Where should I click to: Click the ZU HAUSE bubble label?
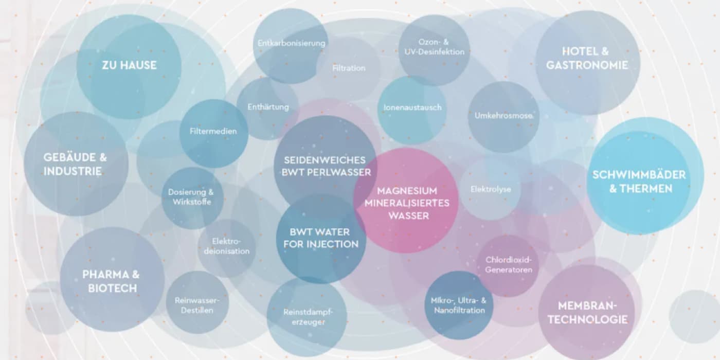pyautogui.click(x=129, y=65)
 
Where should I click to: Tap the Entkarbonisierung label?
pyautogui.click(x=291, y=43)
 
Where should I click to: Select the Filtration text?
pyautogui.click(x=349, y=68)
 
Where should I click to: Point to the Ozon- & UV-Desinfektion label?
pyautogui.click(x=434, y=47)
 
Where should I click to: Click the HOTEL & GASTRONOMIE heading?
pyautogui.click(x=587, y=58)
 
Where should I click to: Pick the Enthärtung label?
pyautogui.click(x=268, y=107)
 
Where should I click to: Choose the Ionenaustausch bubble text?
pyautogui.click(x=412, y=107)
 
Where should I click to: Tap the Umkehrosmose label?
pyautogui.click(x=503, y=116)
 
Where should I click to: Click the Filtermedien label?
pyautogui.click(x=213, y=131)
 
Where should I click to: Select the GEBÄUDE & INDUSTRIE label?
pyautogui.click(x=75, y=164)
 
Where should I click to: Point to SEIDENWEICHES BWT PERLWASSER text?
pyautogui.click(x=326, y=166)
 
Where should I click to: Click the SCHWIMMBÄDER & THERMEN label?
pyautogui.click(x=639, y=182)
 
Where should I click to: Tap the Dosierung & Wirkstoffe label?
pyautogui.click(x=191, y=197)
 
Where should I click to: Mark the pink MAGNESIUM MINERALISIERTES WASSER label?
pyautogui.click(x=407, y=203)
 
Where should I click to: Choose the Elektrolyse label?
pyautogui.click(x=491, y=189)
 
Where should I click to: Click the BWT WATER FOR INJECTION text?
pyautogui.click(x=321, y=238)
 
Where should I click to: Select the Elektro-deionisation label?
pyautogui.click(x=227, y=246)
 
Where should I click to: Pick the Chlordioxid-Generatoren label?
pyautogui.click(x=509, y=264)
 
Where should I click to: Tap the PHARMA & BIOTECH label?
pyautogui.click(x=111, y=282)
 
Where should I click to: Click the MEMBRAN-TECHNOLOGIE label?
pyautogui.click(x=587, y=313)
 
